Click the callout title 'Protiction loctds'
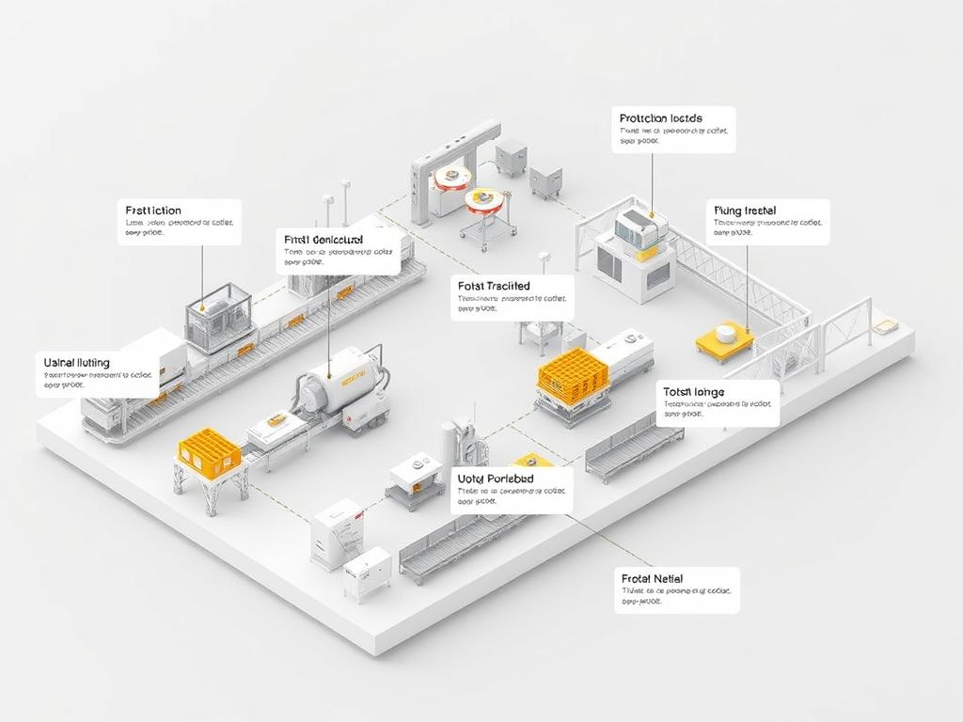tap(661, 118)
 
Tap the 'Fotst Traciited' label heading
tap(494, 286)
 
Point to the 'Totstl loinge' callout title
tap(694, 391)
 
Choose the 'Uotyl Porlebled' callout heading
tap(496, 479)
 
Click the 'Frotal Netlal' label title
tap(652, 579)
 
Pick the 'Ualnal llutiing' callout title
tap(76, 362)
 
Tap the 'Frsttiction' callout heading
tap(153, 211)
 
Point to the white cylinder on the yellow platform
tap(724, 333)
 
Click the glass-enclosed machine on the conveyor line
tap(218, 315)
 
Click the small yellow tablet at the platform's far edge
tap(885, 327)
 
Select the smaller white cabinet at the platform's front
tap(367, 573)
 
